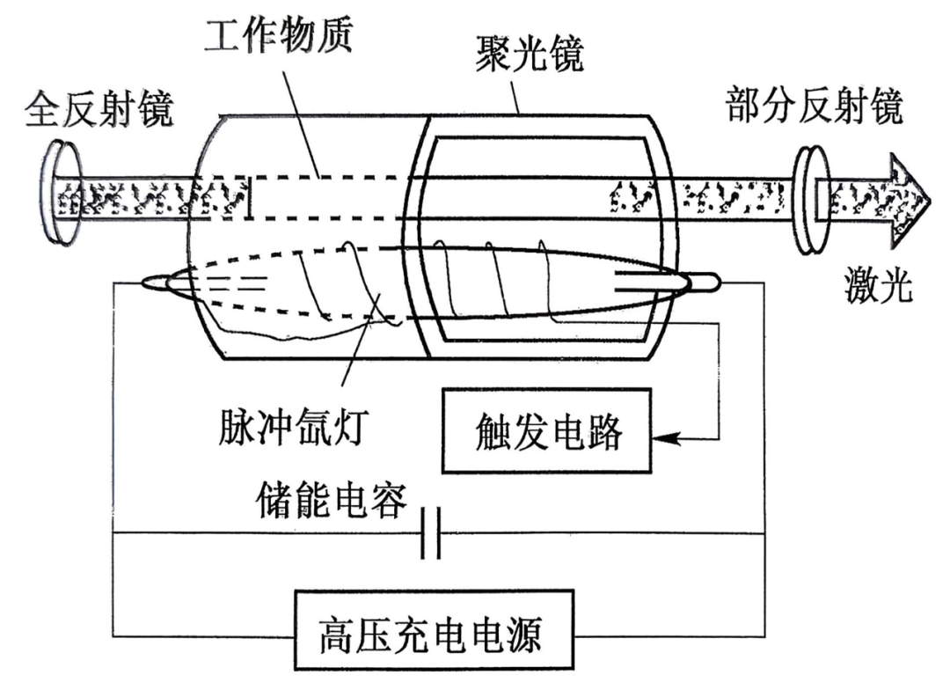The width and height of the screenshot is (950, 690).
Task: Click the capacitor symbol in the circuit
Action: (x=430, y=533)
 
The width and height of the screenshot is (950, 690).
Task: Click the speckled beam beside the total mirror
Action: (x=150, y=198)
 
